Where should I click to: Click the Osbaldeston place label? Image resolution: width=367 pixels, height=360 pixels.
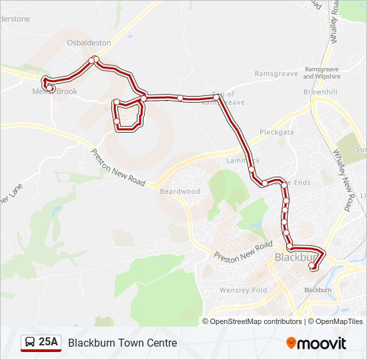[x=88, y=42]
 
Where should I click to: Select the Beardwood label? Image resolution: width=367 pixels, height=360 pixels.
[x=179, y=191]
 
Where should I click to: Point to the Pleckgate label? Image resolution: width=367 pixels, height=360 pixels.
[x=277, y=133]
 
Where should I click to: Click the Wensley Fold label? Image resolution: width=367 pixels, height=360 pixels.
[x=243, y=290]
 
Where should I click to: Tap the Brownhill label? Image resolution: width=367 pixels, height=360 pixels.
[x=321, y=91]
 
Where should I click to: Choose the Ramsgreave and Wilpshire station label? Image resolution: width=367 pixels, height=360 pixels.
[x=322, y=73]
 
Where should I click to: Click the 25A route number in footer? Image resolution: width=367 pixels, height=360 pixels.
[x=49, y=343]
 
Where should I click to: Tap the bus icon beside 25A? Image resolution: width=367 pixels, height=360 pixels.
[x=30, y=343]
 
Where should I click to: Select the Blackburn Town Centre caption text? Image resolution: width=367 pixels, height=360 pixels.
[x=123, y=343]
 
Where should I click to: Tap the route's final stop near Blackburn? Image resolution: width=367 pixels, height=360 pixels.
[x=312, y=267]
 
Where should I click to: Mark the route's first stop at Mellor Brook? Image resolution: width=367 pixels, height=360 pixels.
[x=50, y=88]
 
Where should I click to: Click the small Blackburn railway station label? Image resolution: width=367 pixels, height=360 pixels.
[x=318, y=290]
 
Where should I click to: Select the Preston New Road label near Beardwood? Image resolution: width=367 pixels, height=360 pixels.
[x=118, y=167]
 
